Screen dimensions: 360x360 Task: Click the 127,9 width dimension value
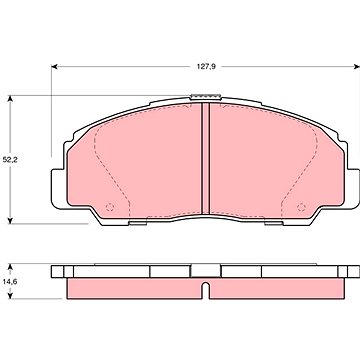206,67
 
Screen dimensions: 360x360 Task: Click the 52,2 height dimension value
10,160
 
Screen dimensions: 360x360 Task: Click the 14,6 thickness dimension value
10,281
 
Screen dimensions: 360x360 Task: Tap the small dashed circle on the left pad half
110,207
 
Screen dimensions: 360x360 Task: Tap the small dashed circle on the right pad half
301,207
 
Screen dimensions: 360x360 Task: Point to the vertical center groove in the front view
206,159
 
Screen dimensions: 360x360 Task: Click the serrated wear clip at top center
206,97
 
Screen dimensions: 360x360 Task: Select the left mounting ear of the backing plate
59,189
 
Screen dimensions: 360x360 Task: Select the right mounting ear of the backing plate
352,189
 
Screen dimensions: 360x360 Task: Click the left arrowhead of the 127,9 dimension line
55,67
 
